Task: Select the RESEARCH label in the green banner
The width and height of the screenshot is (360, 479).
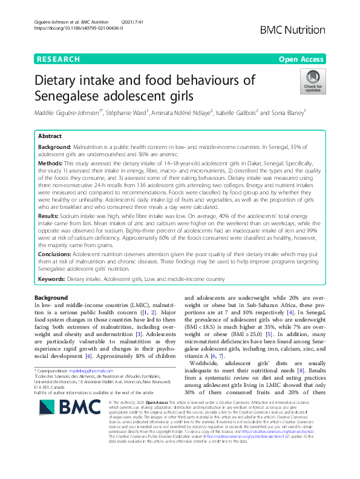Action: pos(58,59)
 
